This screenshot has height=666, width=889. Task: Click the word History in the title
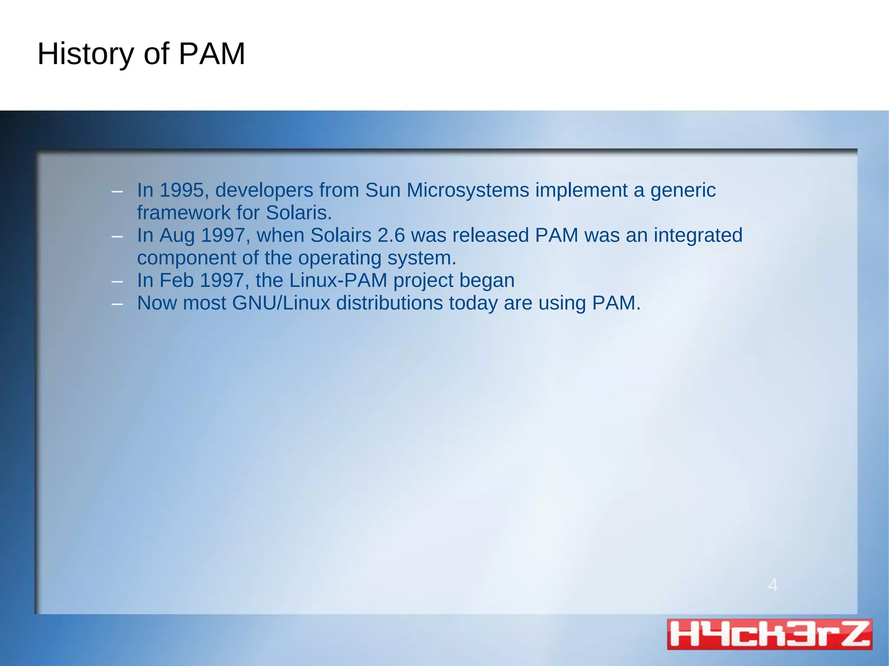pos(86,54)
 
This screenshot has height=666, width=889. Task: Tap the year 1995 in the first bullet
pos(181,190)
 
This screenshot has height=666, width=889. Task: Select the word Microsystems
pos(468,190)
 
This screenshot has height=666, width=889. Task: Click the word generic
pos(683,190)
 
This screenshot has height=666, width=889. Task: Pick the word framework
pos(184,213)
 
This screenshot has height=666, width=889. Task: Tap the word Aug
pos(177,235)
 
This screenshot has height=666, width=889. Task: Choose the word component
pos(187,258)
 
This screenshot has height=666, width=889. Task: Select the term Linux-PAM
pos(338,280)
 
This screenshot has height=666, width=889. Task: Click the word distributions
pos(389,303)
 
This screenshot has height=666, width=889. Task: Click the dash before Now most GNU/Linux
pos(117,304)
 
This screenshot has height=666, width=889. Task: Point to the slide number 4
pos(773,585)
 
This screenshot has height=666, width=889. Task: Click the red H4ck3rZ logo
pos(769,634)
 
